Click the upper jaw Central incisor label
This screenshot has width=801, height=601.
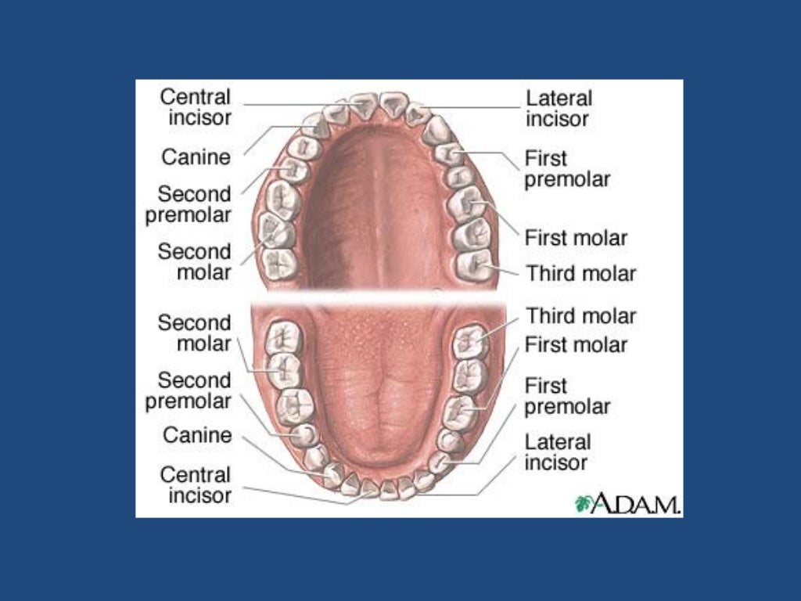click(x=196, y=107)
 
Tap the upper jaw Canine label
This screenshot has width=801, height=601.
click(x=196, y=157)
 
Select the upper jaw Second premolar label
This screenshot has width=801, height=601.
click(x=189, y=203)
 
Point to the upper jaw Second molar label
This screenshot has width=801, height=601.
click(x=195, y=261)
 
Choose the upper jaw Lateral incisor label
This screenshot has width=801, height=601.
click(x=559, y=109)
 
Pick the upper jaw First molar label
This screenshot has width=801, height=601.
click(x=576, y=236)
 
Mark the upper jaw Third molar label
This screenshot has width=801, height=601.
click(x=580, y=273)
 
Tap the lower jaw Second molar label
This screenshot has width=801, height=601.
click(x=195, y=333)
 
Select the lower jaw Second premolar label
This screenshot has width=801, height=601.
click(x=189, y=390)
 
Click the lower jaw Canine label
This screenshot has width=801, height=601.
click(x=197, y=434)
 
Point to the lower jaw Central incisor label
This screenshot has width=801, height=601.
click(x=196, y=484)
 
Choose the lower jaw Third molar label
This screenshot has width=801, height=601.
click(x=580, y=315)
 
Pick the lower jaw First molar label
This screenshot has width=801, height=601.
click(x=576, y=344)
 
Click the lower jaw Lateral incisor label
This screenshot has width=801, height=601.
click(x=558, y=452)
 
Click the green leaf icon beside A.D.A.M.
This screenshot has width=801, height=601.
click(x=583, y=503)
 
